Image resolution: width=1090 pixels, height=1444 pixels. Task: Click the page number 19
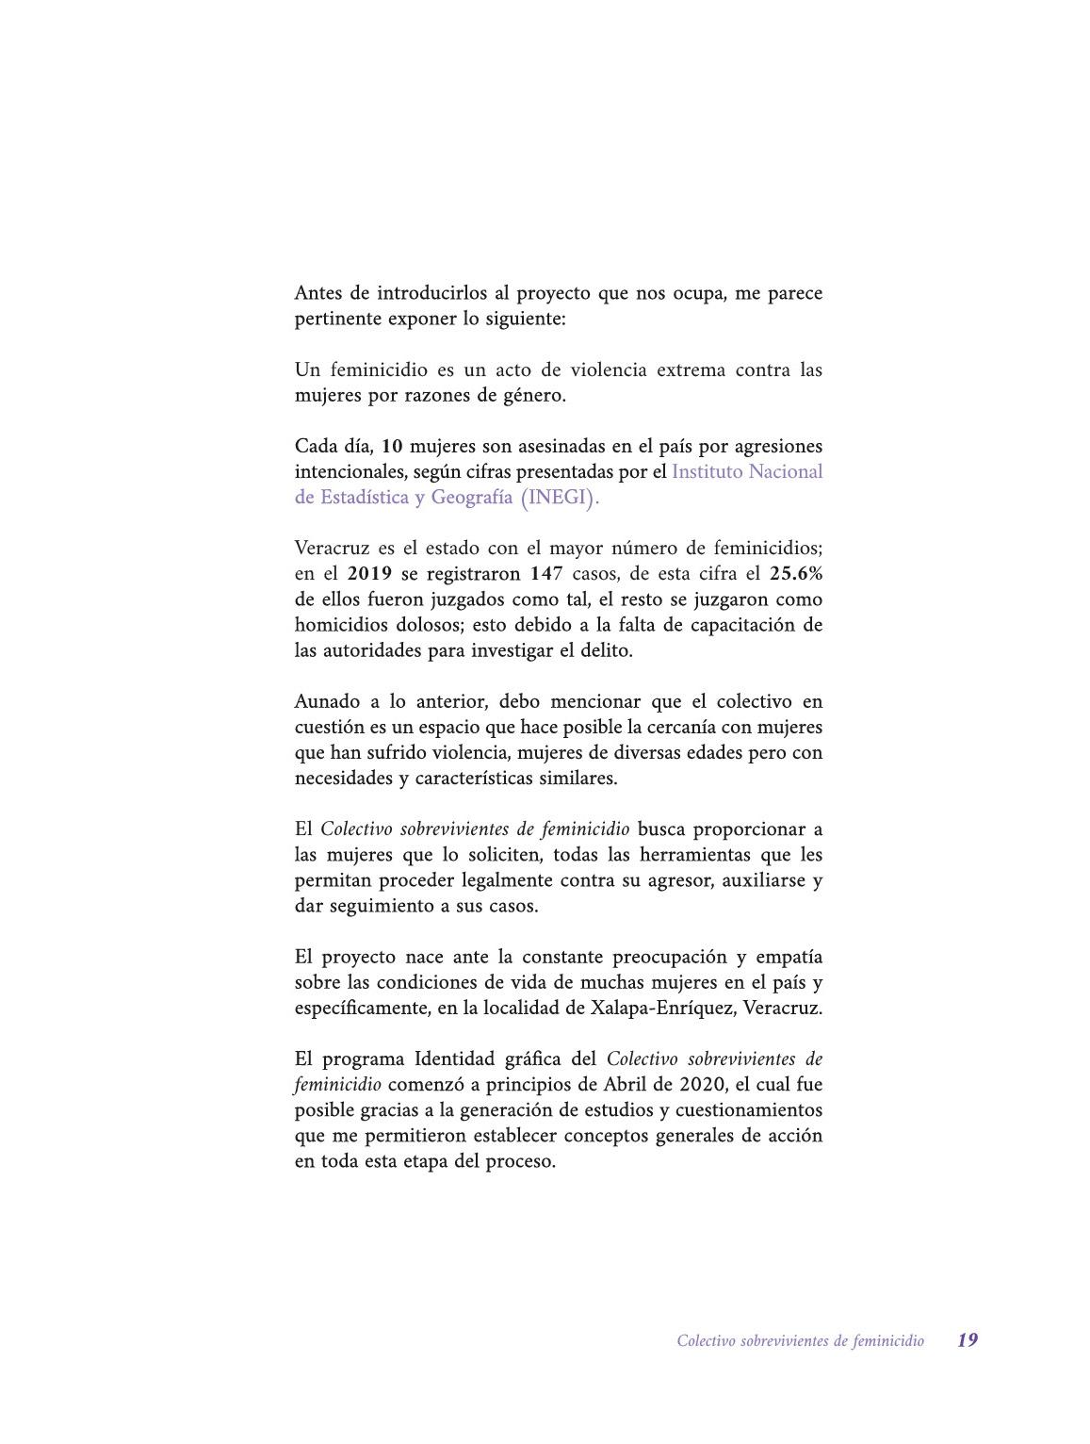pos(968,1339)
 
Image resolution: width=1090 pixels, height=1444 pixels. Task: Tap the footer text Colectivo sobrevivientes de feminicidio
pos(800,1340)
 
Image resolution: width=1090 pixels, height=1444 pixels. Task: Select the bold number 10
pos(392,446)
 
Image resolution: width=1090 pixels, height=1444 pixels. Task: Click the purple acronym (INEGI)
pos(559,498)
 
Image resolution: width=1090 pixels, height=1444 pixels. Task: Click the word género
pos(537,395)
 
